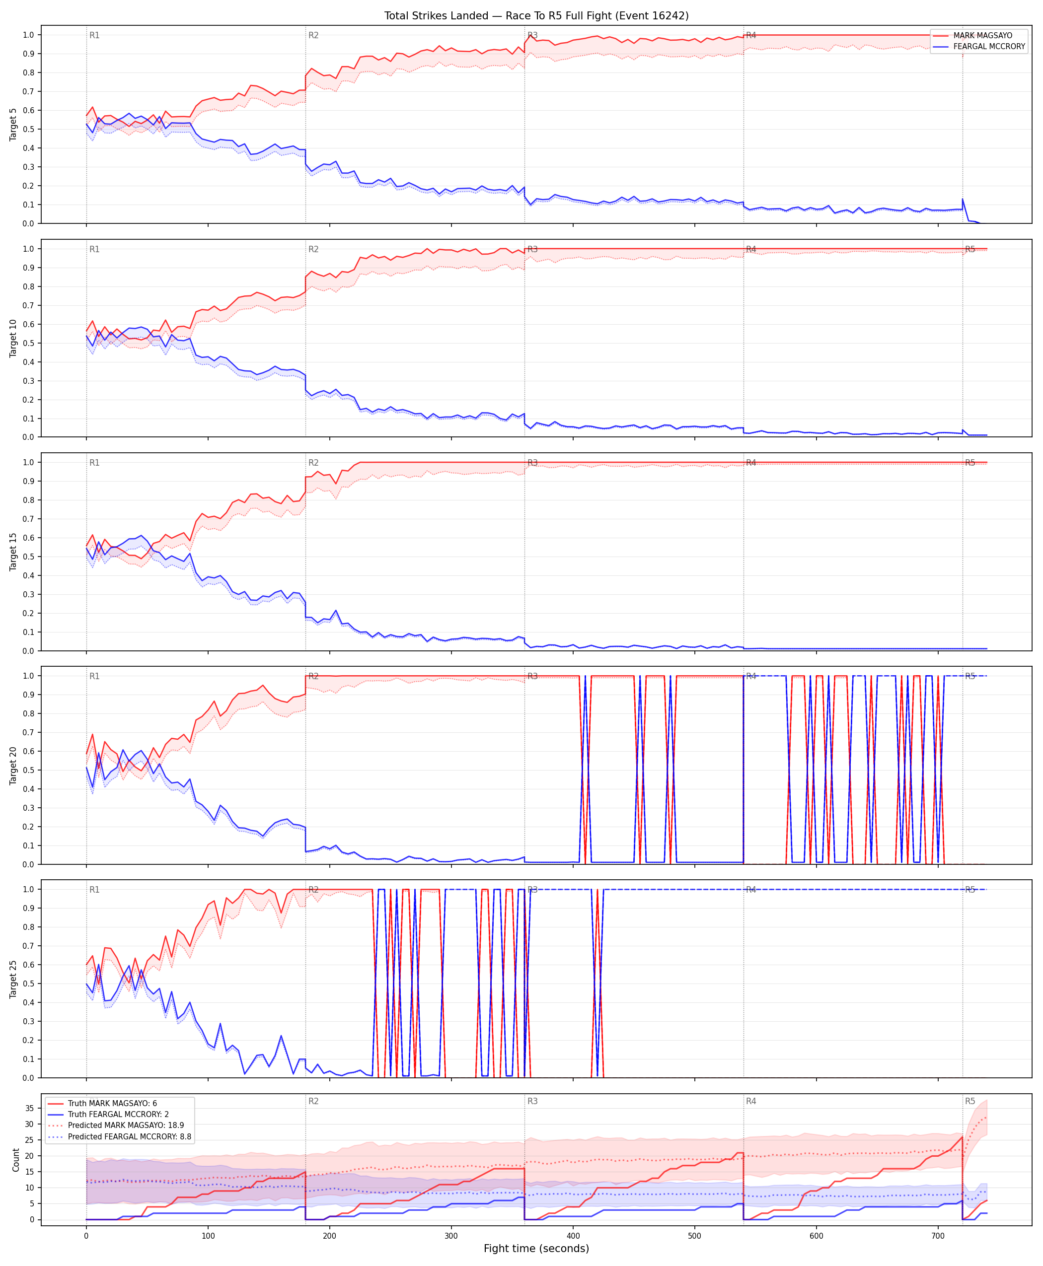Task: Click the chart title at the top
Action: point(536,15)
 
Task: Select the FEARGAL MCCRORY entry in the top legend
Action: point(989,47)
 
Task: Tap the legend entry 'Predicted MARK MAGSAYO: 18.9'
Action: point(126,1125)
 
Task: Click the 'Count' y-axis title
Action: point(15,1160)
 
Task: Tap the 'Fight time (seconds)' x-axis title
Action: point(536,1249)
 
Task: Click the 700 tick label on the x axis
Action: point(938,1236)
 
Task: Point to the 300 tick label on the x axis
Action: point(451,1236)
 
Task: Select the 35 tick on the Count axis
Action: point(29,1108)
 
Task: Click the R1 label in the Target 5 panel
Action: point(94,35)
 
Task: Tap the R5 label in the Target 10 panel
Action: point(969,249)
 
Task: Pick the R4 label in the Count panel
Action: point(751,1102)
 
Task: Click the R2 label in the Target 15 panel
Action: point(313,463)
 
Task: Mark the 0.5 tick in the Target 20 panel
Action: point(28,771)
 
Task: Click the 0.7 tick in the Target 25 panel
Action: point(28,946)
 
